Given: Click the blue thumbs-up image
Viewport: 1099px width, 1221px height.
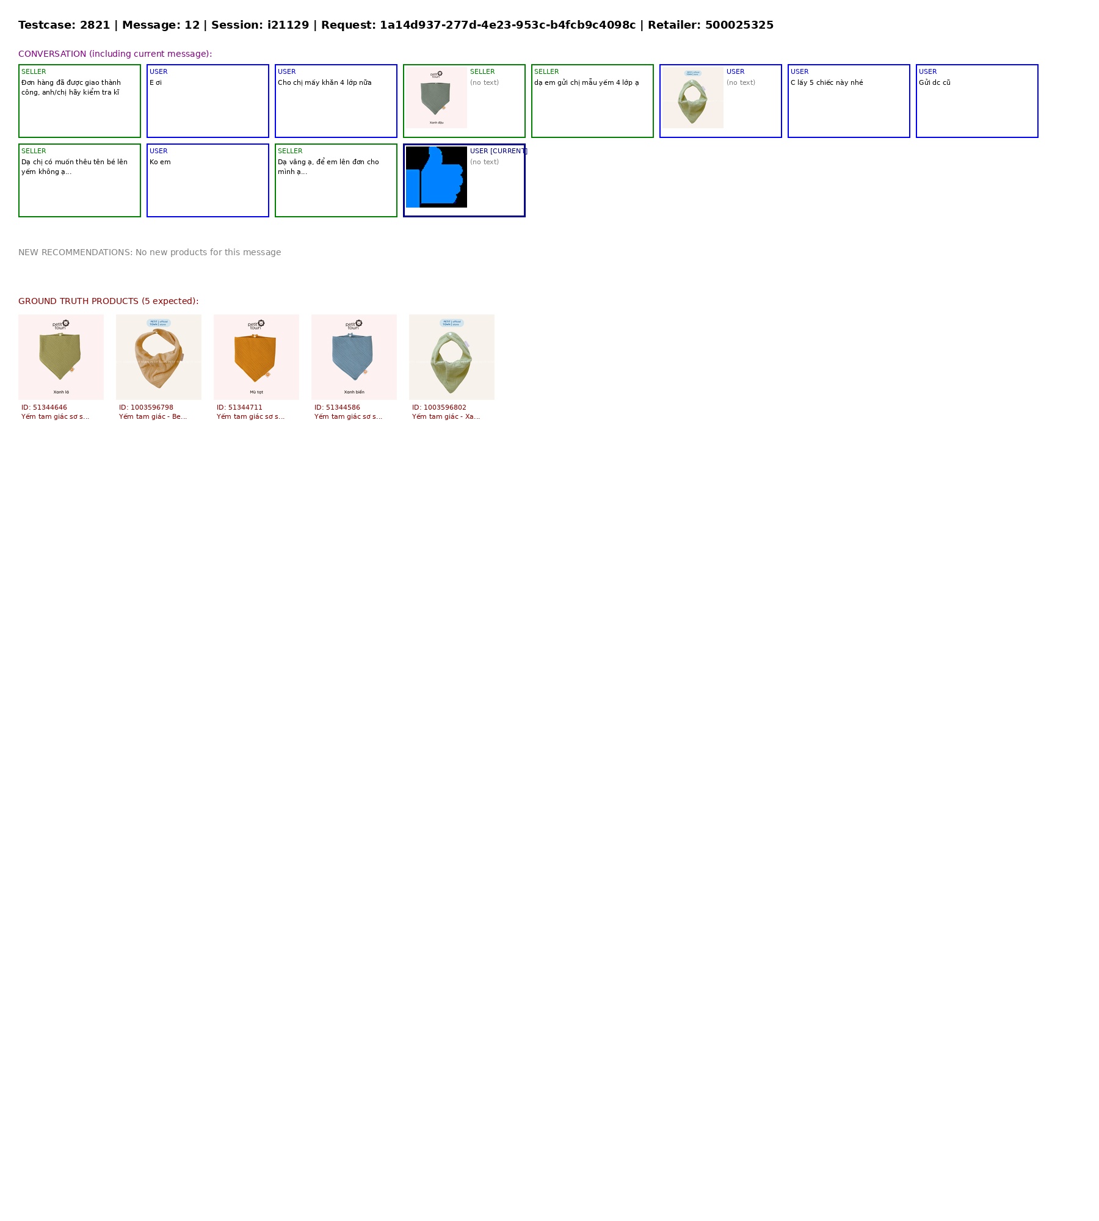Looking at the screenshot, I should coord(436,177).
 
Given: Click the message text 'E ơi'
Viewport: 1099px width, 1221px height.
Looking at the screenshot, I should coord(156,83).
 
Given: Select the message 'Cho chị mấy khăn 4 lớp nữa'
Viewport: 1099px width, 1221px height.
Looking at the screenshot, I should coord(324,83).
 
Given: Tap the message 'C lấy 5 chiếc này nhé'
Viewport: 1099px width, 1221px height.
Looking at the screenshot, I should coord(827,83).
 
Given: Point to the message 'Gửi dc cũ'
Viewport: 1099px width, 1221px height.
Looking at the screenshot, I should coord(934,83).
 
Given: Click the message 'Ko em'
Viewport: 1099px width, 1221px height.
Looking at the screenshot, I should coord(160,162).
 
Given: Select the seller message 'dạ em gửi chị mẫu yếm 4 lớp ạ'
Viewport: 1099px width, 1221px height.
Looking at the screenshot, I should coord(586,83).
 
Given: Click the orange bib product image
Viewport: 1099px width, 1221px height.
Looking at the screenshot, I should coord(256,357).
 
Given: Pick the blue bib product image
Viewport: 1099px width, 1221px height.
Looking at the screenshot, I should coord(354,357).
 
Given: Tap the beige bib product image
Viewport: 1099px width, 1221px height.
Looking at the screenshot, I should coord(159,357).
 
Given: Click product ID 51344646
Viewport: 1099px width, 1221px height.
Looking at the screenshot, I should coord(44,408).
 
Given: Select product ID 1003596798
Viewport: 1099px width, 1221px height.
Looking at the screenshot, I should coord(146,408).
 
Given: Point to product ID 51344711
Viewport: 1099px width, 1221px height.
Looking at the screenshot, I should coord(239,408).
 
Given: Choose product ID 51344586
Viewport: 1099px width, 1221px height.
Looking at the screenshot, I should coord(337,408).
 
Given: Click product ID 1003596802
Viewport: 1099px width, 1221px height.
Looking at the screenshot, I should coord(439,408).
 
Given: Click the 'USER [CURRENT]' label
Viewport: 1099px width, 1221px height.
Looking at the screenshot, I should coord(498,151).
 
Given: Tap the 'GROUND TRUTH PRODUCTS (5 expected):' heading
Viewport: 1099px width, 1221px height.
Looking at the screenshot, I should coord(108,302).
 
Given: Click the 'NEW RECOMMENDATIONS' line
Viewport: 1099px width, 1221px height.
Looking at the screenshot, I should coord(150,253).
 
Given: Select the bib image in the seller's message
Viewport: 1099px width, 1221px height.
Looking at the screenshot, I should coord(437,98).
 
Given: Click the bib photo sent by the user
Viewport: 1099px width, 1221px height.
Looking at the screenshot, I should coord(693,98).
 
